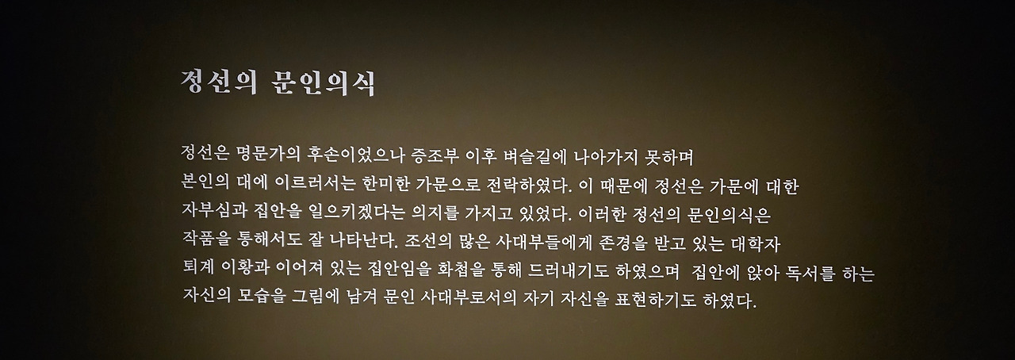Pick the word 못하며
[674, 152]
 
